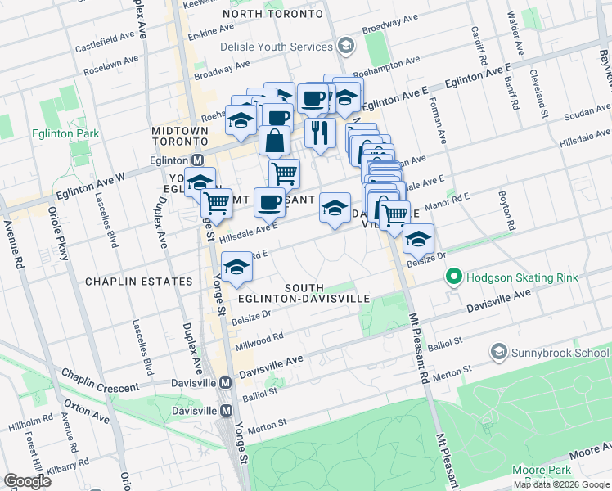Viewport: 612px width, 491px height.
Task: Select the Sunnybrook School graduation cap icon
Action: coord(497,353)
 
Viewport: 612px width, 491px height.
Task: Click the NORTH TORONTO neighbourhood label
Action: coord(272,15)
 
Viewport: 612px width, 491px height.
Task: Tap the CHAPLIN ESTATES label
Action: coord(137,282)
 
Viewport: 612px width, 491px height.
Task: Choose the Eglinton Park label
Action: coord(65,133)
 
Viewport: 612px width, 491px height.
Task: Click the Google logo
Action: coord(27,480)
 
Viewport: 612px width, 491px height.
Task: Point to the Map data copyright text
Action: coord(560,484)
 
